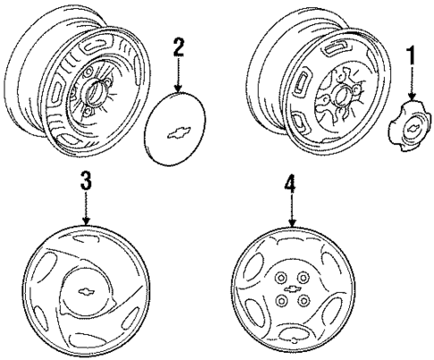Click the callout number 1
click(413, 56)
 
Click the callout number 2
click(178, 47)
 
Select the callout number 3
click(86, 181)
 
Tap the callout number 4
click(290, 183)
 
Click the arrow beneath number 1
click(413, 83)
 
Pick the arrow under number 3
click(86, 208)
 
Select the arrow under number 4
click(293, 210)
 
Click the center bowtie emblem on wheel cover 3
click(86, 292)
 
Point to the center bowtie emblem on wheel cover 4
click(293, 288)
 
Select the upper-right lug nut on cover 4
click(303, 278)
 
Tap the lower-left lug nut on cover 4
click(281, 301)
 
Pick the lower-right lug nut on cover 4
click(303, 300)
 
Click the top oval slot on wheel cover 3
click(85, 238)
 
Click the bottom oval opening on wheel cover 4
click(294, 334)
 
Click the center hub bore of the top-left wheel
click(96, 92)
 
